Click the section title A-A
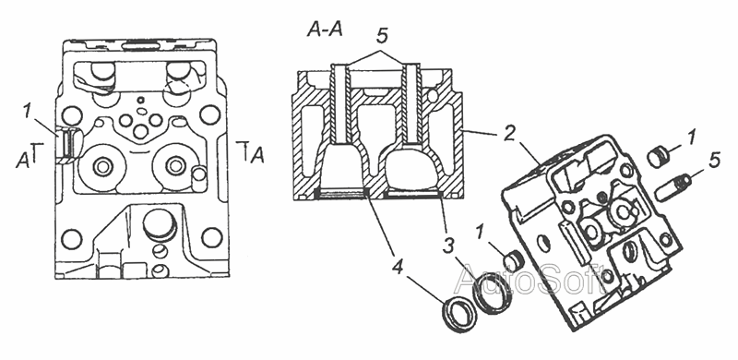pos(325,30)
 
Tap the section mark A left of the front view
pos(22,162)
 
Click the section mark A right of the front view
pos(257,155)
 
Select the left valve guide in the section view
pos(339,102)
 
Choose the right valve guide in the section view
pos(412,102)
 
